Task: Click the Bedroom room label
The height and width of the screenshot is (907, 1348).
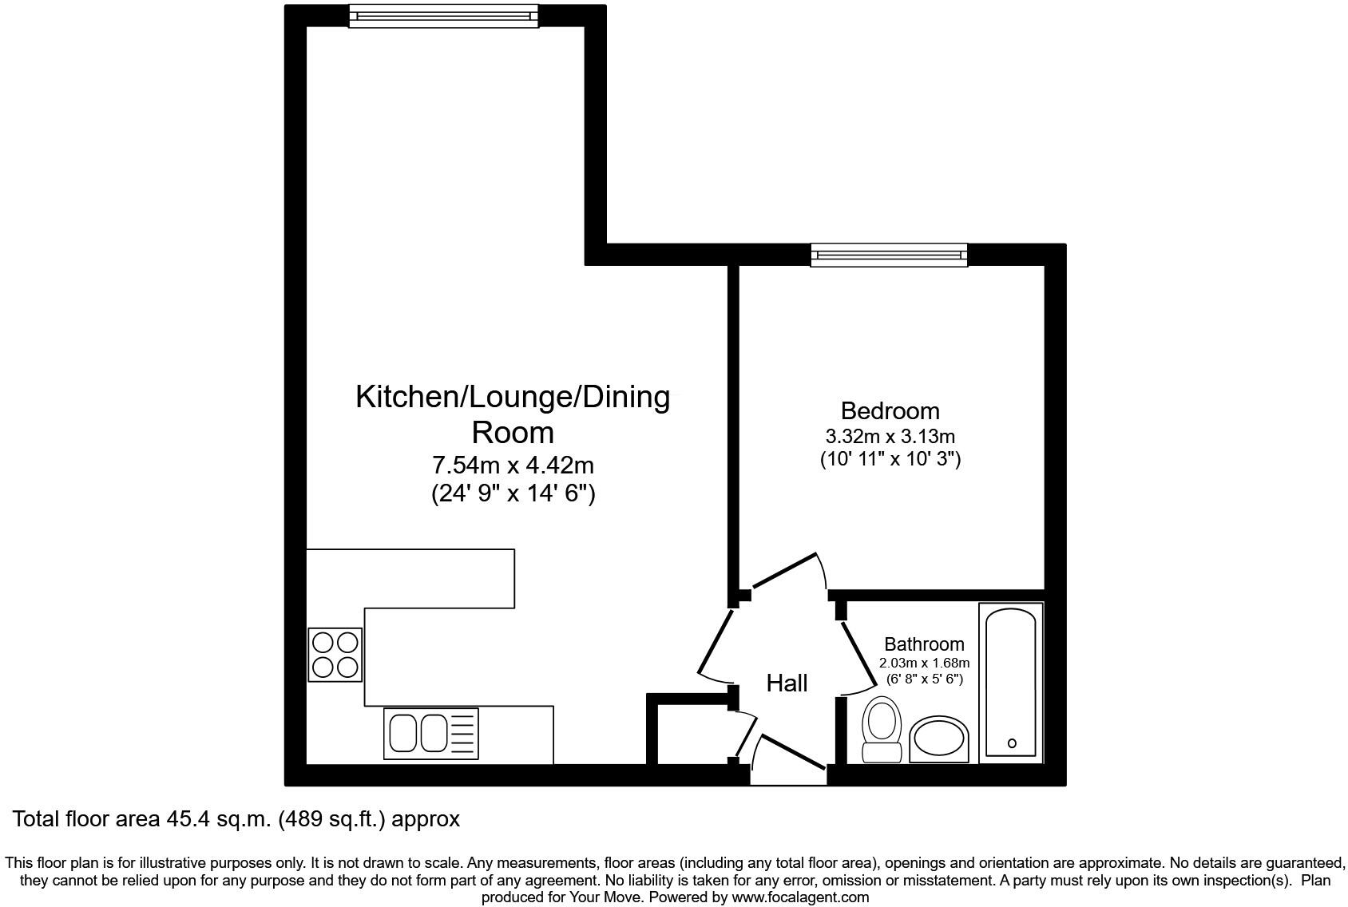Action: pos(890,411)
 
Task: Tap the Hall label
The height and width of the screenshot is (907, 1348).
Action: pos(787,683)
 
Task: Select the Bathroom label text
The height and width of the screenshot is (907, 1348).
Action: pos(924,644)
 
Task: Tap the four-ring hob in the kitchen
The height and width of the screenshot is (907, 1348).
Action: pos(335,655)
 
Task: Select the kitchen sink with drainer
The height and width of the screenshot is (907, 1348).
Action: pos(432,733)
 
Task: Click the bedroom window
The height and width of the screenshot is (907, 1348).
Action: pos(889,255)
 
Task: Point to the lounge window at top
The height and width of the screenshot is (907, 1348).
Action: pos(442,15)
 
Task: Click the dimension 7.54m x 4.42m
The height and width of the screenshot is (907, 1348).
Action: pos(513,465)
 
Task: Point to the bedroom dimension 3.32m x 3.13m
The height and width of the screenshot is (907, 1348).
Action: pos(890,437)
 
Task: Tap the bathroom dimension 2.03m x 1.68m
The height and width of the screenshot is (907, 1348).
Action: pos(924,663)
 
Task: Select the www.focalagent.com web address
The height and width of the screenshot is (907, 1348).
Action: pos(800,897)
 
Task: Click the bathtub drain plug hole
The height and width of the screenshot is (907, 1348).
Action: pos(1012,743)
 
